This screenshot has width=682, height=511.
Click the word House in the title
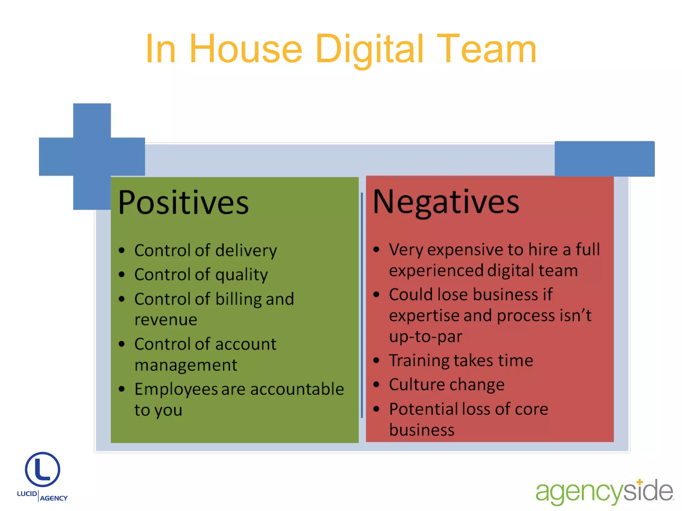pos(246,49)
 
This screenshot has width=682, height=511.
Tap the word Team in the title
pos(486,49)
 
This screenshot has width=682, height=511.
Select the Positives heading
pos(183,202)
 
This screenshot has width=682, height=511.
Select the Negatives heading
pos(446,202)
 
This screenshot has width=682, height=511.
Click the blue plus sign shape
pos(92,156)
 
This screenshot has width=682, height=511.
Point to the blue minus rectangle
pos(604,159)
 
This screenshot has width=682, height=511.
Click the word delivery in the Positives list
pos(246,251)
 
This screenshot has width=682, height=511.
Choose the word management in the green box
pos(186,365)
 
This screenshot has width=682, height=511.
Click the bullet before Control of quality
pos(122,274)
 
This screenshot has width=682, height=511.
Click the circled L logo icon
pos(43,469)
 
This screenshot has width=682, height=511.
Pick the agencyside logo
pos(604,492)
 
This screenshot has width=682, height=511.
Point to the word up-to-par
pos(426,337)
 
